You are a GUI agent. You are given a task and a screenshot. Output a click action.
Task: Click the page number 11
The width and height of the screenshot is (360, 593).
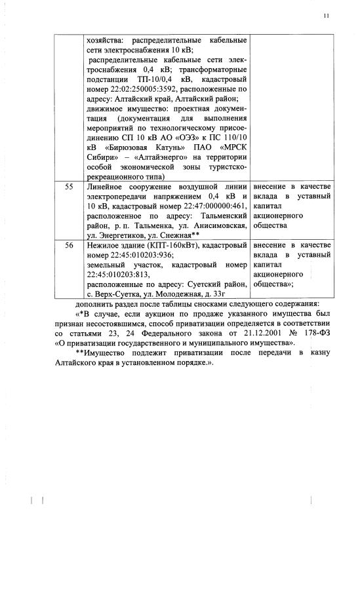pyautogui.click(x=326, y=15)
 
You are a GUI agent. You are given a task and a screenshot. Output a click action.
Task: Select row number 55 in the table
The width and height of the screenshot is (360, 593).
pyautogui.click(x=70, y=187)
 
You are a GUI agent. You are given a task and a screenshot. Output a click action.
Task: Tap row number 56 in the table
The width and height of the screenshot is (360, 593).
pyautogui.click(x=70, y=245)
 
